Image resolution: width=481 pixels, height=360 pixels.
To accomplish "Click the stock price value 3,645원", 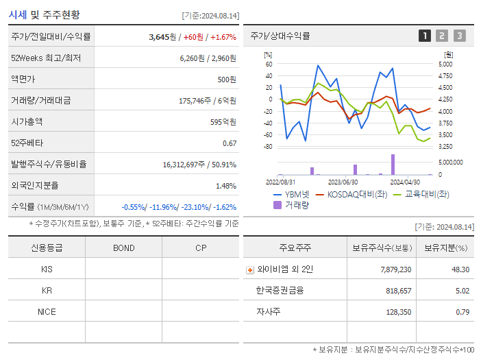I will (162, 37).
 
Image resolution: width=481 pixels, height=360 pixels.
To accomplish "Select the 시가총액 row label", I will (27, 121).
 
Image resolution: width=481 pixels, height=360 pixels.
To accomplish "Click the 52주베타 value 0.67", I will (230, 143).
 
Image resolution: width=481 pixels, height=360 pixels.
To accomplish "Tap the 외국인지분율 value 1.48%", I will (225, 186).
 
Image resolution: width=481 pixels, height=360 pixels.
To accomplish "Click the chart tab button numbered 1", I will (425, 36).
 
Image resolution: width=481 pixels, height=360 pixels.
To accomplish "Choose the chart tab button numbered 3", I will (459, 36).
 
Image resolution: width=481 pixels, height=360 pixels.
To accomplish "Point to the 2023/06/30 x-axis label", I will (343, 182).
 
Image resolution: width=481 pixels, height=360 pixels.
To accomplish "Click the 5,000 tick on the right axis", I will (445, 64).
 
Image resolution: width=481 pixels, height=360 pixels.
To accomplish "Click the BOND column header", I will (123, 248).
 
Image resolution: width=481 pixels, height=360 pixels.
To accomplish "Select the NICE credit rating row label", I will (47, 312).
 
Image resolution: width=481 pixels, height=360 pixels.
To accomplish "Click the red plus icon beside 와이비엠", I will (249, 270).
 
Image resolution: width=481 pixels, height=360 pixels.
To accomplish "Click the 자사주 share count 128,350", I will (396, 312).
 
